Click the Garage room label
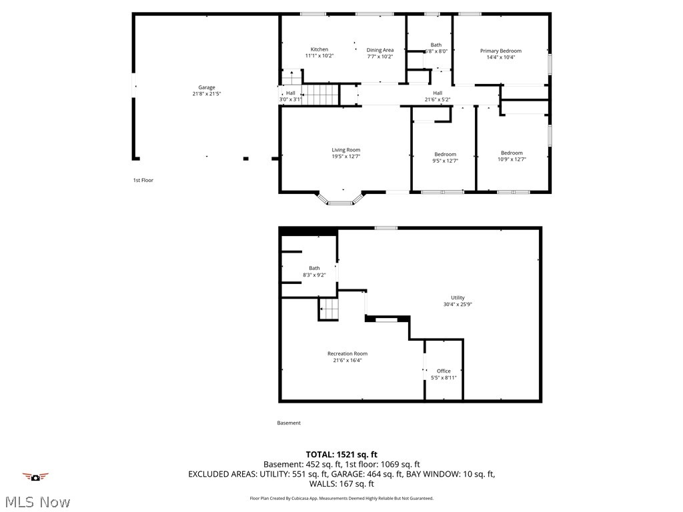pyautogui.click(x=206, y=87)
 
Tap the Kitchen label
pyautogui.click(x=319, y=49)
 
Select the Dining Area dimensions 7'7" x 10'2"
pyautogui.click(x=380, y=57)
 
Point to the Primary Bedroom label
pyautogui.click(x=501, y=51)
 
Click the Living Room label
pyautogui.click(x=346, y=150)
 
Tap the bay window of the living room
pyautogui.click(x=340, y=198)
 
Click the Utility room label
pyautogui.click(x=458, y=298)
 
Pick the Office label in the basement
pyautogui.click(x=444, y=371)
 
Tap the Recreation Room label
pyautogui.click(x=347, y=354)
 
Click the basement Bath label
pyautogui.click(x=313, y=269)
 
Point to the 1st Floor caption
pyautogui.click(x=143, y=180)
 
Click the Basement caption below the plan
pyautogui.click(x=289, y=423)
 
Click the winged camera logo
pyautogui.click(x=36, y=476)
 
